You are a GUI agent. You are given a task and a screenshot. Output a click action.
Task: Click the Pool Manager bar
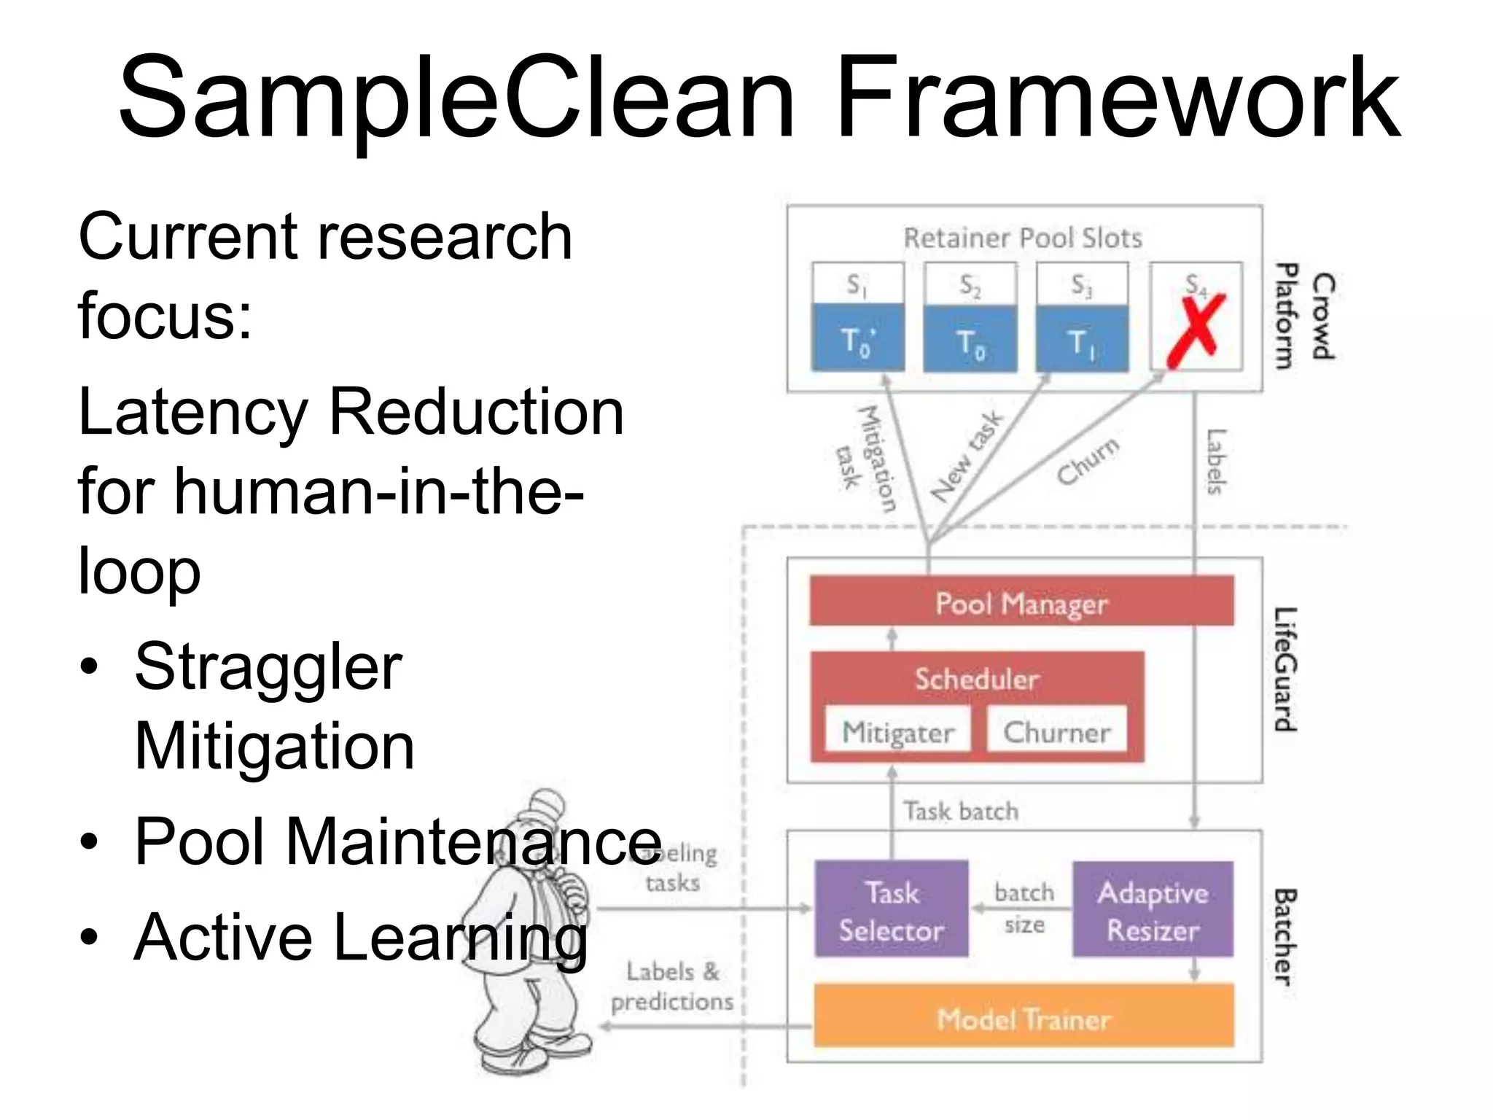[1021, 602]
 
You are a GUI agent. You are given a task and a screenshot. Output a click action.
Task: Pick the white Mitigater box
[897, 731]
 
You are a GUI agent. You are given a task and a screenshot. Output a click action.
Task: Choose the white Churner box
[1056, 731]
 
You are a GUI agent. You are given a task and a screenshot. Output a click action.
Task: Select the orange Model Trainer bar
[1023, 1017]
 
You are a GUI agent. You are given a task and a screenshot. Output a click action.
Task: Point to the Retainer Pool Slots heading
[1022, 238]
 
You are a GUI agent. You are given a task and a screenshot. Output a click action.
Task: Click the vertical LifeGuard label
[1286, 669]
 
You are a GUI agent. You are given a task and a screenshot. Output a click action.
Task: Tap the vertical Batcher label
[1286, 937]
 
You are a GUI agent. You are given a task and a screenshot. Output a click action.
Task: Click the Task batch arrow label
[961, 811]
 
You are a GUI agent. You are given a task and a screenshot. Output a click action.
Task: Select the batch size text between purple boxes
[1024, 908]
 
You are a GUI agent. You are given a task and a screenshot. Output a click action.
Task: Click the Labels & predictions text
[672, 987]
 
